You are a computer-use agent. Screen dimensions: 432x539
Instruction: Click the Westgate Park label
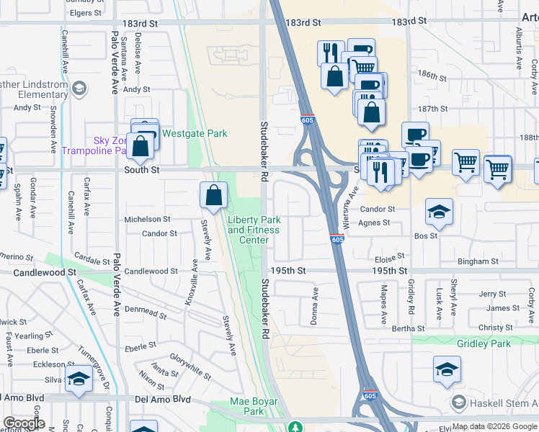[x=195, y=133]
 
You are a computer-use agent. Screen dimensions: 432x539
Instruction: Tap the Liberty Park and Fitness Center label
[x=253, y=230]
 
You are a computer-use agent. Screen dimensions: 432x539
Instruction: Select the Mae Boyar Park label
[x=247, y=406]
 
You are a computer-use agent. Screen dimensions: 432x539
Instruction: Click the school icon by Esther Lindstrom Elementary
[x=79, y=89]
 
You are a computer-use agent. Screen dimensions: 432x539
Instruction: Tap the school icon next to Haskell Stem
[x=457, y=402]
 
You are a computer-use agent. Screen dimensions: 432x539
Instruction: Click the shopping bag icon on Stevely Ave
[x=214, y=194]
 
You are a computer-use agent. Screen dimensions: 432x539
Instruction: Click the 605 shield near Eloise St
[x=337, y=239]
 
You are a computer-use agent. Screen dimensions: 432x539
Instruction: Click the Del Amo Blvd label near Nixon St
[x=166, y=398]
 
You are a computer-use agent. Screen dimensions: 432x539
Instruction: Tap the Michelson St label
[x=147, y=219]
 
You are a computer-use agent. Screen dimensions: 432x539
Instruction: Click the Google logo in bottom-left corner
[x=24, y=423]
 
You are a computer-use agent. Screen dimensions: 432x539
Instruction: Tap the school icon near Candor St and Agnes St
[x=439, y=212]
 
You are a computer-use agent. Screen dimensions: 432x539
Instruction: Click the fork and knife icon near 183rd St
[x=331, y=52]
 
